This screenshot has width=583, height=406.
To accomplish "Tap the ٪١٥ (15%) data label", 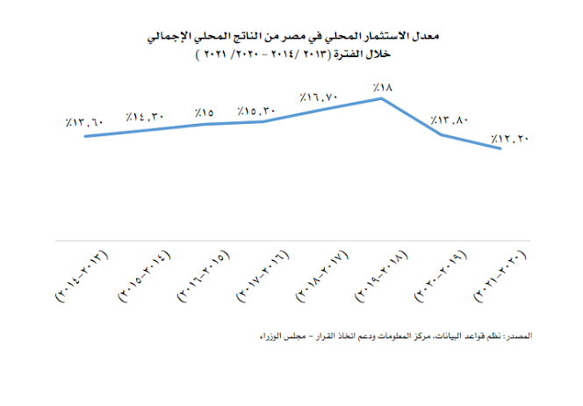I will click(x=205, y=112).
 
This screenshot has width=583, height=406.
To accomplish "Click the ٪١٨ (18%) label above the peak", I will click(x=381, y=87).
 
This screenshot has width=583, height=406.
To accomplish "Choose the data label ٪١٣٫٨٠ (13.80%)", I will click(x=446, y=120).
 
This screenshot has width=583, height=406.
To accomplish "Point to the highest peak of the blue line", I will click(x=381, y=98).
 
